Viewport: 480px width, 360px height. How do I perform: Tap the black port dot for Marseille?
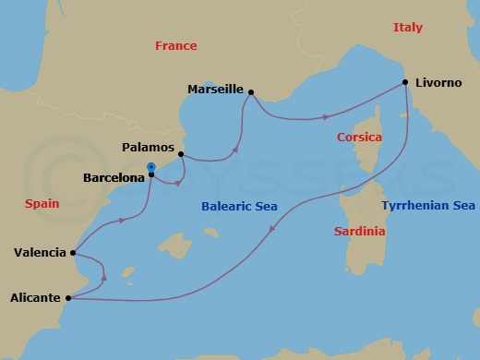[251, 91]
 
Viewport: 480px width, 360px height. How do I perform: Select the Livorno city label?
[438, 82]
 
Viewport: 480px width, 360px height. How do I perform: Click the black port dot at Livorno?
[406, 82]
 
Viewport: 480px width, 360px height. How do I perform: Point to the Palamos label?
[148, 146]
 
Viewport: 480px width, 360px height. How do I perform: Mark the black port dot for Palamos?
[181, 154]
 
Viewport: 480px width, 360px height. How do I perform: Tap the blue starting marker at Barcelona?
[150, 168]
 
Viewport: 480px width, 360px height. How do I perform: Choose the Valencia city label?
[40, 252]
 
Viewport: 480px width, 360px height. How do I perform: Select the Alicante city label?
[35, 297]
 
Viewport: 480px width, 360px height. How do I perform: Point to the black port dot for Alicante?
[69, 297]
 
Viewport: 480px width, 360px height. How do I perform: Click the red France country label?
[175, 45]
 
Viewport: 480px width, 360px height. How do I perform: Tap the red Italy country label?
[407, 28]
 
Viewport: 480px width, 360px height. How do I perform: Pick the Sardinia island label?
[359, 232]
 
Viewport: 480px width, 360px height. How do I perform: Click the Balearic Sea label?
[240, 207]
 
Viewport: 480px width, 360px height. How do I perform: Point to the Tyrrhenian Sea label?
[428, 206]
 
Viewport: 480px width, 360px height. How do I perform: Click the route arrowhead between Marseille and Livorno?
[327, 117]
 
